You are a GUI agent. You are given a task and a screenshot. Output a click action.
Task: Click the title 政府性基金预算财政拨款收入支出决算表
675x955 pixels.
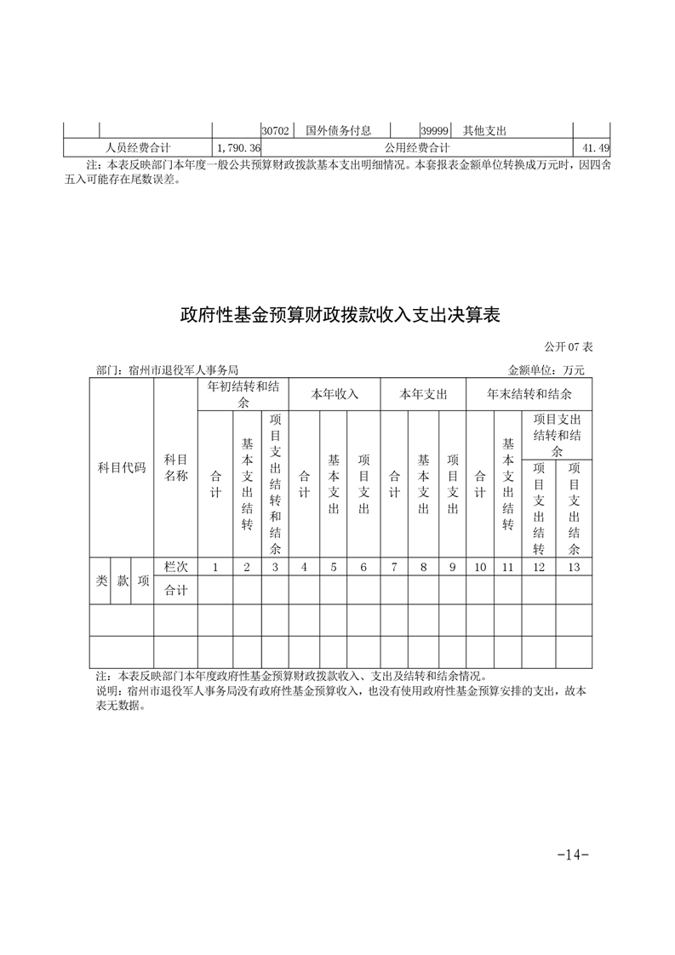[x=338, y=315]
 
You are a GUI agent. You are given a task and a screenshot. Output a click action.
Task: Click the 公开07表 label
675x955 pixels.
[x=568, y=348]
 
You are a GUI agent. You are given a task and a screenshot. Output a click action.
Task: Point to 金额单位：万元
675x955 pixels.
[x=546, y=370]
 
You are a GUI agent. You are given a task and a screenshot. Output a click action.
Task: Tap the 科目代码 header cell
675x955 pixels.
[x=122, y=468]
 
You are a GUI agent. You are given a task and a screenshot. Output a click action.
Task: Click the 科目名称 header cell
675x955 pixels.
[x=175, y=468]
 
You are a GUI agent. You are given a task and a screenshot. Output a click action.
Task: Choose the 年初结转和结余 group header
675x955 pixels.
[x=243, y=394]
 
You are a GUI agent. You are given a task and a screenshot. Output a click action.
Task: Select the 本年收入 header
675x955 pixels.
[x=334, y=394]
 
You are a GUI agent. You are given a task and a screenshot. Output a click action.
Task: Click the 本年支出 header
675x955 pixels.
[x=423, y=394]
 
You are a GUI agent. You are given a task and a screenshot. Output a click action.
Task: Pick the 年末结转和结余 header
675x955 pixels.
[x=529, y=394]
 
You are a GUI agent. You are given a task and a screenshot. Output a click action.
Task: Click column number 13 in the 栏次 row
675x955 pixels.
[x=574, y=567]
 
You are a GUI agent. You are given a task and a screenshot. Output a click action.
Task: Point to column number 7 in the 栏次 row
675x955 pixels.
[x=394, y=567]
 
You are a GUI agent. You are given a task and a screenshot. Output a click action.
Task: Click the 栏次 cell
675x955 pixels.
[x=175, y=567]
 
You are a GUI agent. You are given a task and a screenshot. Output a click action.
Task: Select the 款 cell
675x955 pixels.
[x=123, y=580]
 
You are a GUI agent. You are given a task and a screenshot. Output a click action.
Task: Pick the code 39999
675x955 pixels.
[x=436, y=131]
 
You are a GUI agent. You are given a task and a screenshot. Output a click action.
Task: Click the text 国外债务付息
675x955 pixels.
[x=338, y=131]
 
